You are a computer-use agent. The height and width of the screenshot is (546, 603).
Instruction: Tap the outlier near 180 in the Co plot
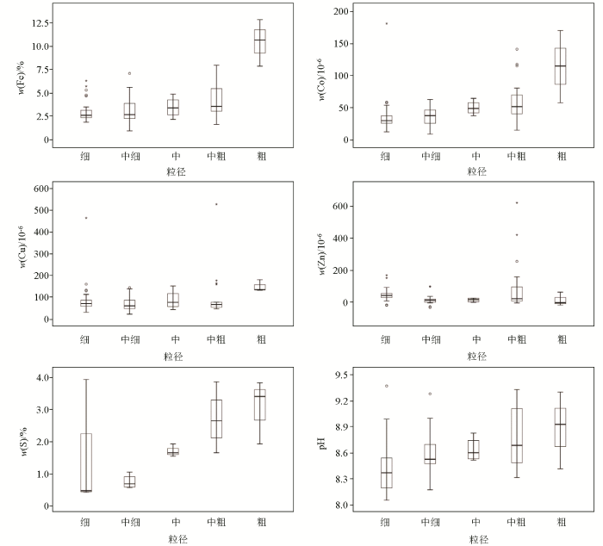[386, 23]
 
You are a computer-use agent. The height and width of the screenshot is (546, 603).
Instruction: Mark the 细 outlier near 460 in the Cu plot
[86, 218]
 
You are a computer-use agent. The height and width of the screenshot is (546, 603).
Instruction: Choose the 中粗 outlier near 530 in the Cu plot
[217, 204]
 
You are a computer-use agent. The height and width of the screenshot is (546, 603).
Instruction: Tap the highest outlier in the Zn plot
[517, 202]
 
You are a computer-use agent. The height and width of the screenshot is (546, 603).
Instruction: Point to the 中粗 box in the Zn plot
[517, 293]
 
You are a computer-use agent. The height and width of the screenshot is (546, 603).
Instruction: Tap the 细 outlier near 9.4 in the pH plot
[386, 386]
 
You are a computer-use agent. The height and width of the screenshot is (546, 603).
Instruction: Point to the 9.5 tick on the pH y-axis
[341, 375]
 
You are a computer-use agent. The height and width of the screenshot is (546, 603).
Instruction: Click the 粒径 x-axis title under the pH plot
[476, 538]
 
